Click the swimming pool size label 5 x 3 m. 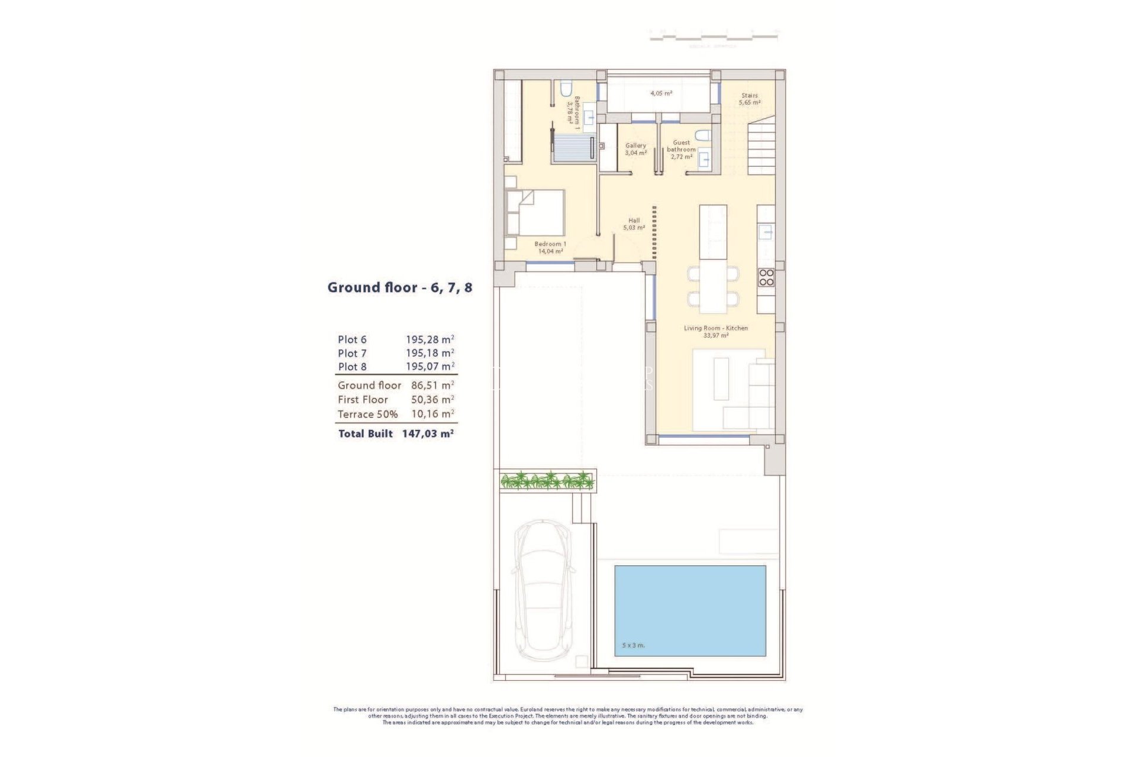point(633,645)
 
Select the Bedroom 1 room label point(550,247)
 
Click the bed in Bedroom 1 point(535,212)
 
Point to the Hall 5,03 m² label point(634,224)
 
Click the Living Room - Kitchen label point(715,331)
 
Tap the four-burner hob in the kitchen point(766,277)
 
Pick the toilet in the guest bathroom point(702,135)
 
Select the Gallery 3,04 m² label point(635,149)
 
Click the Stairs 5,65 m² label point(749,99)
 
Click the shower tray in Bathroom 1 point(573,147)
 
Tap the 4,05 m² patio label point(661,93)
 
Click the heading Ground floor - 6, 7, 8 point(400,287)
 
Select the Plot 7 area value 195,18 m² point(430,353)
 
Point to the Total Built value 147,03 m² point(428,434)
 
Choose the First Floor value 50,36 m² point(433,400)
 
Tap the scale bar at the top point(714,37)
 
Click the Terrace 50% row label point(367,415)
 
